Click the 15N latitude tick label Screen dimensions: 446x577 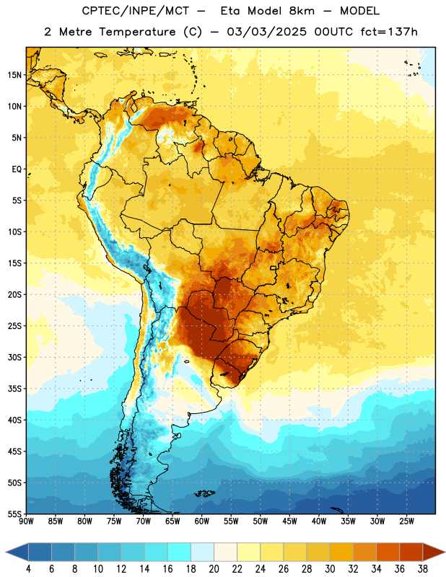(14, 75)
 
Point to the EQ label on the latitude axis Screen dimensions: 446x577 (17, 169)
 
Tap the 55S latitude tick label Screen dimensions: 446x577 (14, 514)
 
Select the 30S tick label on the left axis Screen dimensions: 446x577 (14, 357)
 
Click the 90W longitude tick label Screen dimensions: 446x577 (26, 521)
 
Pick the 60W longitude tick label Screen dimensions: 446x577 (202, 521)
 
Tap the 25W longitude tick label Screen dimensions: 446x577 (406, 521)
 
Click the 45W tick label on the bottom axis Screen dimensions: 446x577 (289, 521)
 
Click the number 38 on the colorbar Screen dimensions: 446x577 (423, 569)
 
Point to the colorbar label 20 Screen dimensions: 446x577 (214, 569)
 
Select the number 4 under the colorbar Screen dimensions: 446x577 (28, 569)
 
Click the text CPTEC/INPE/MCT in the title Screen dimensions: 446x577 (136, 11)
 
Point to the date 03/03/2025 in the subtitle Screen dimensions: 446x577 (266, 32)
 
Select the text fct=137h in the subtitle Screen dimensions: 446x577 (389, 32)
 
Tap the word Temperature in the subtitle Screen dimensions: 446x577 (137, 32)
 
